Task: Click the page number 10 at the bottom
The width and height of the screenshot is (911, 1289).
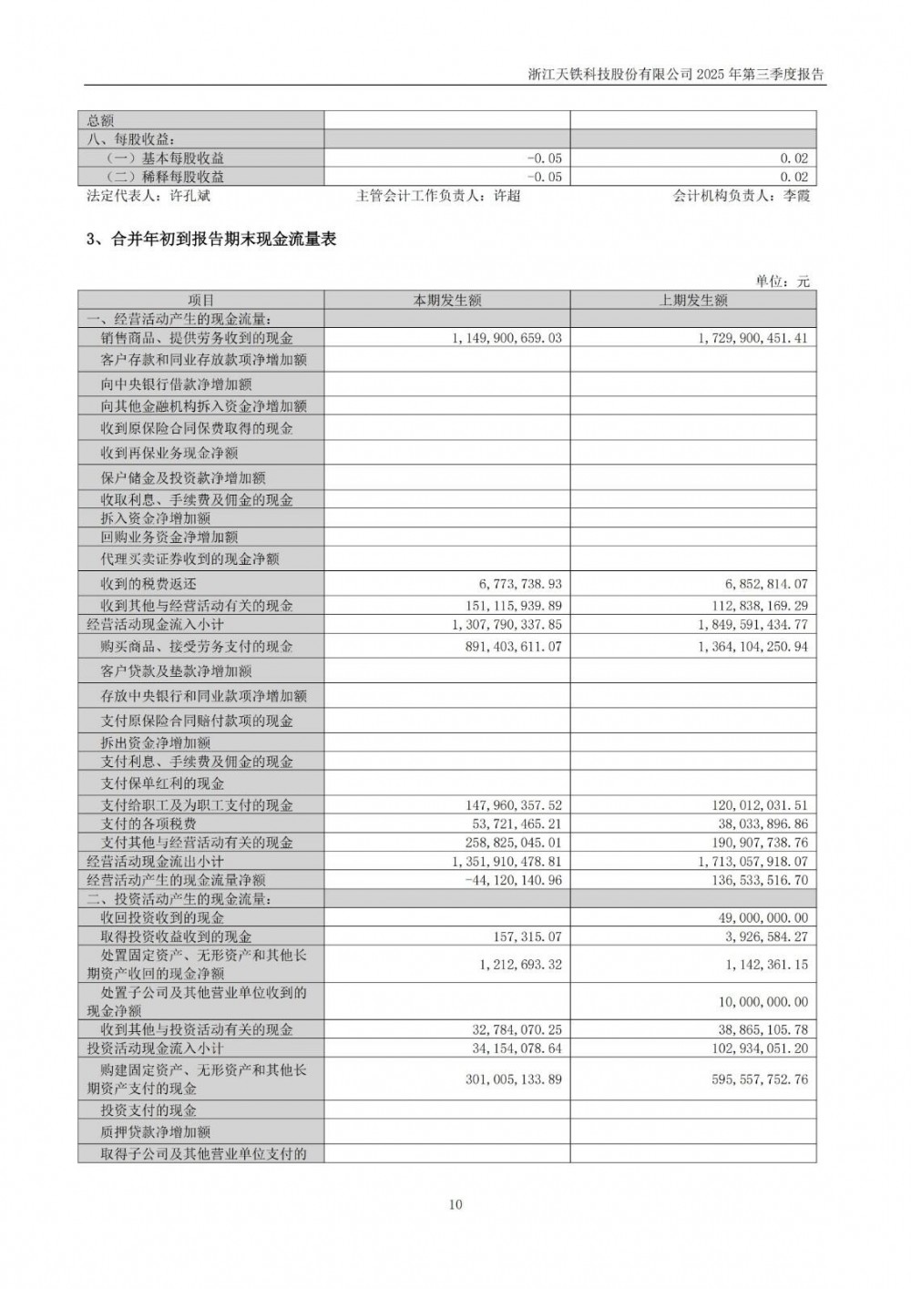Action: coord(455,1204)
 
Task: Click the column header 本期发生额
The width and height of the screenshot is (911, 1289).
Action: coord(447,301)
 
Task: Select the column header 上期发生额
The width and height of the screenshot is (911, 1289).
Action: coord(693,301)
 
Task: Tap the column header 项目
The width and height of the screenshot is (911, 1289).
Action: coord(200,301)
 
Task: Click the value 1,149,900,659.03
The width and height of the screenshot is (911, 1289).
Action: coord(507,338)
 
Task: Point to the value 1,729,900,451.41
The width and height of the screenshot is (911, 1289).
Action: coord(753,338)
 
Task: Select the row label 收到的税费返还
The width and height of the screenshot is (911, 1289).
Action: coord(148,584)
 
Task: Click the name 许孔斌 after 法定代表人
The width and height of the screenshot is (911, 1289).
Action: coord(190,195)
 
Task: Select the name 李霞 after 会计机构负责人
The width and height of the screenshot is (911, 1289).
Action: coord(795,195)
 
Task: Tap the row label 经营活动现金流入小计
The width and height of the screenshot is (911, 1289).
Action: coord(155,624)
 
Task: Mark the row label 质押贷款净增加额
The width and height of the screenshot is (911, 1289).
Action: coord(156,1131)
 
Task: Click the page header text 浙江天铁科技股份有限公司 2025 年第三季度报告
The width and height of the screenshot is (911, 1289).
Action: coord(676,75)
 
